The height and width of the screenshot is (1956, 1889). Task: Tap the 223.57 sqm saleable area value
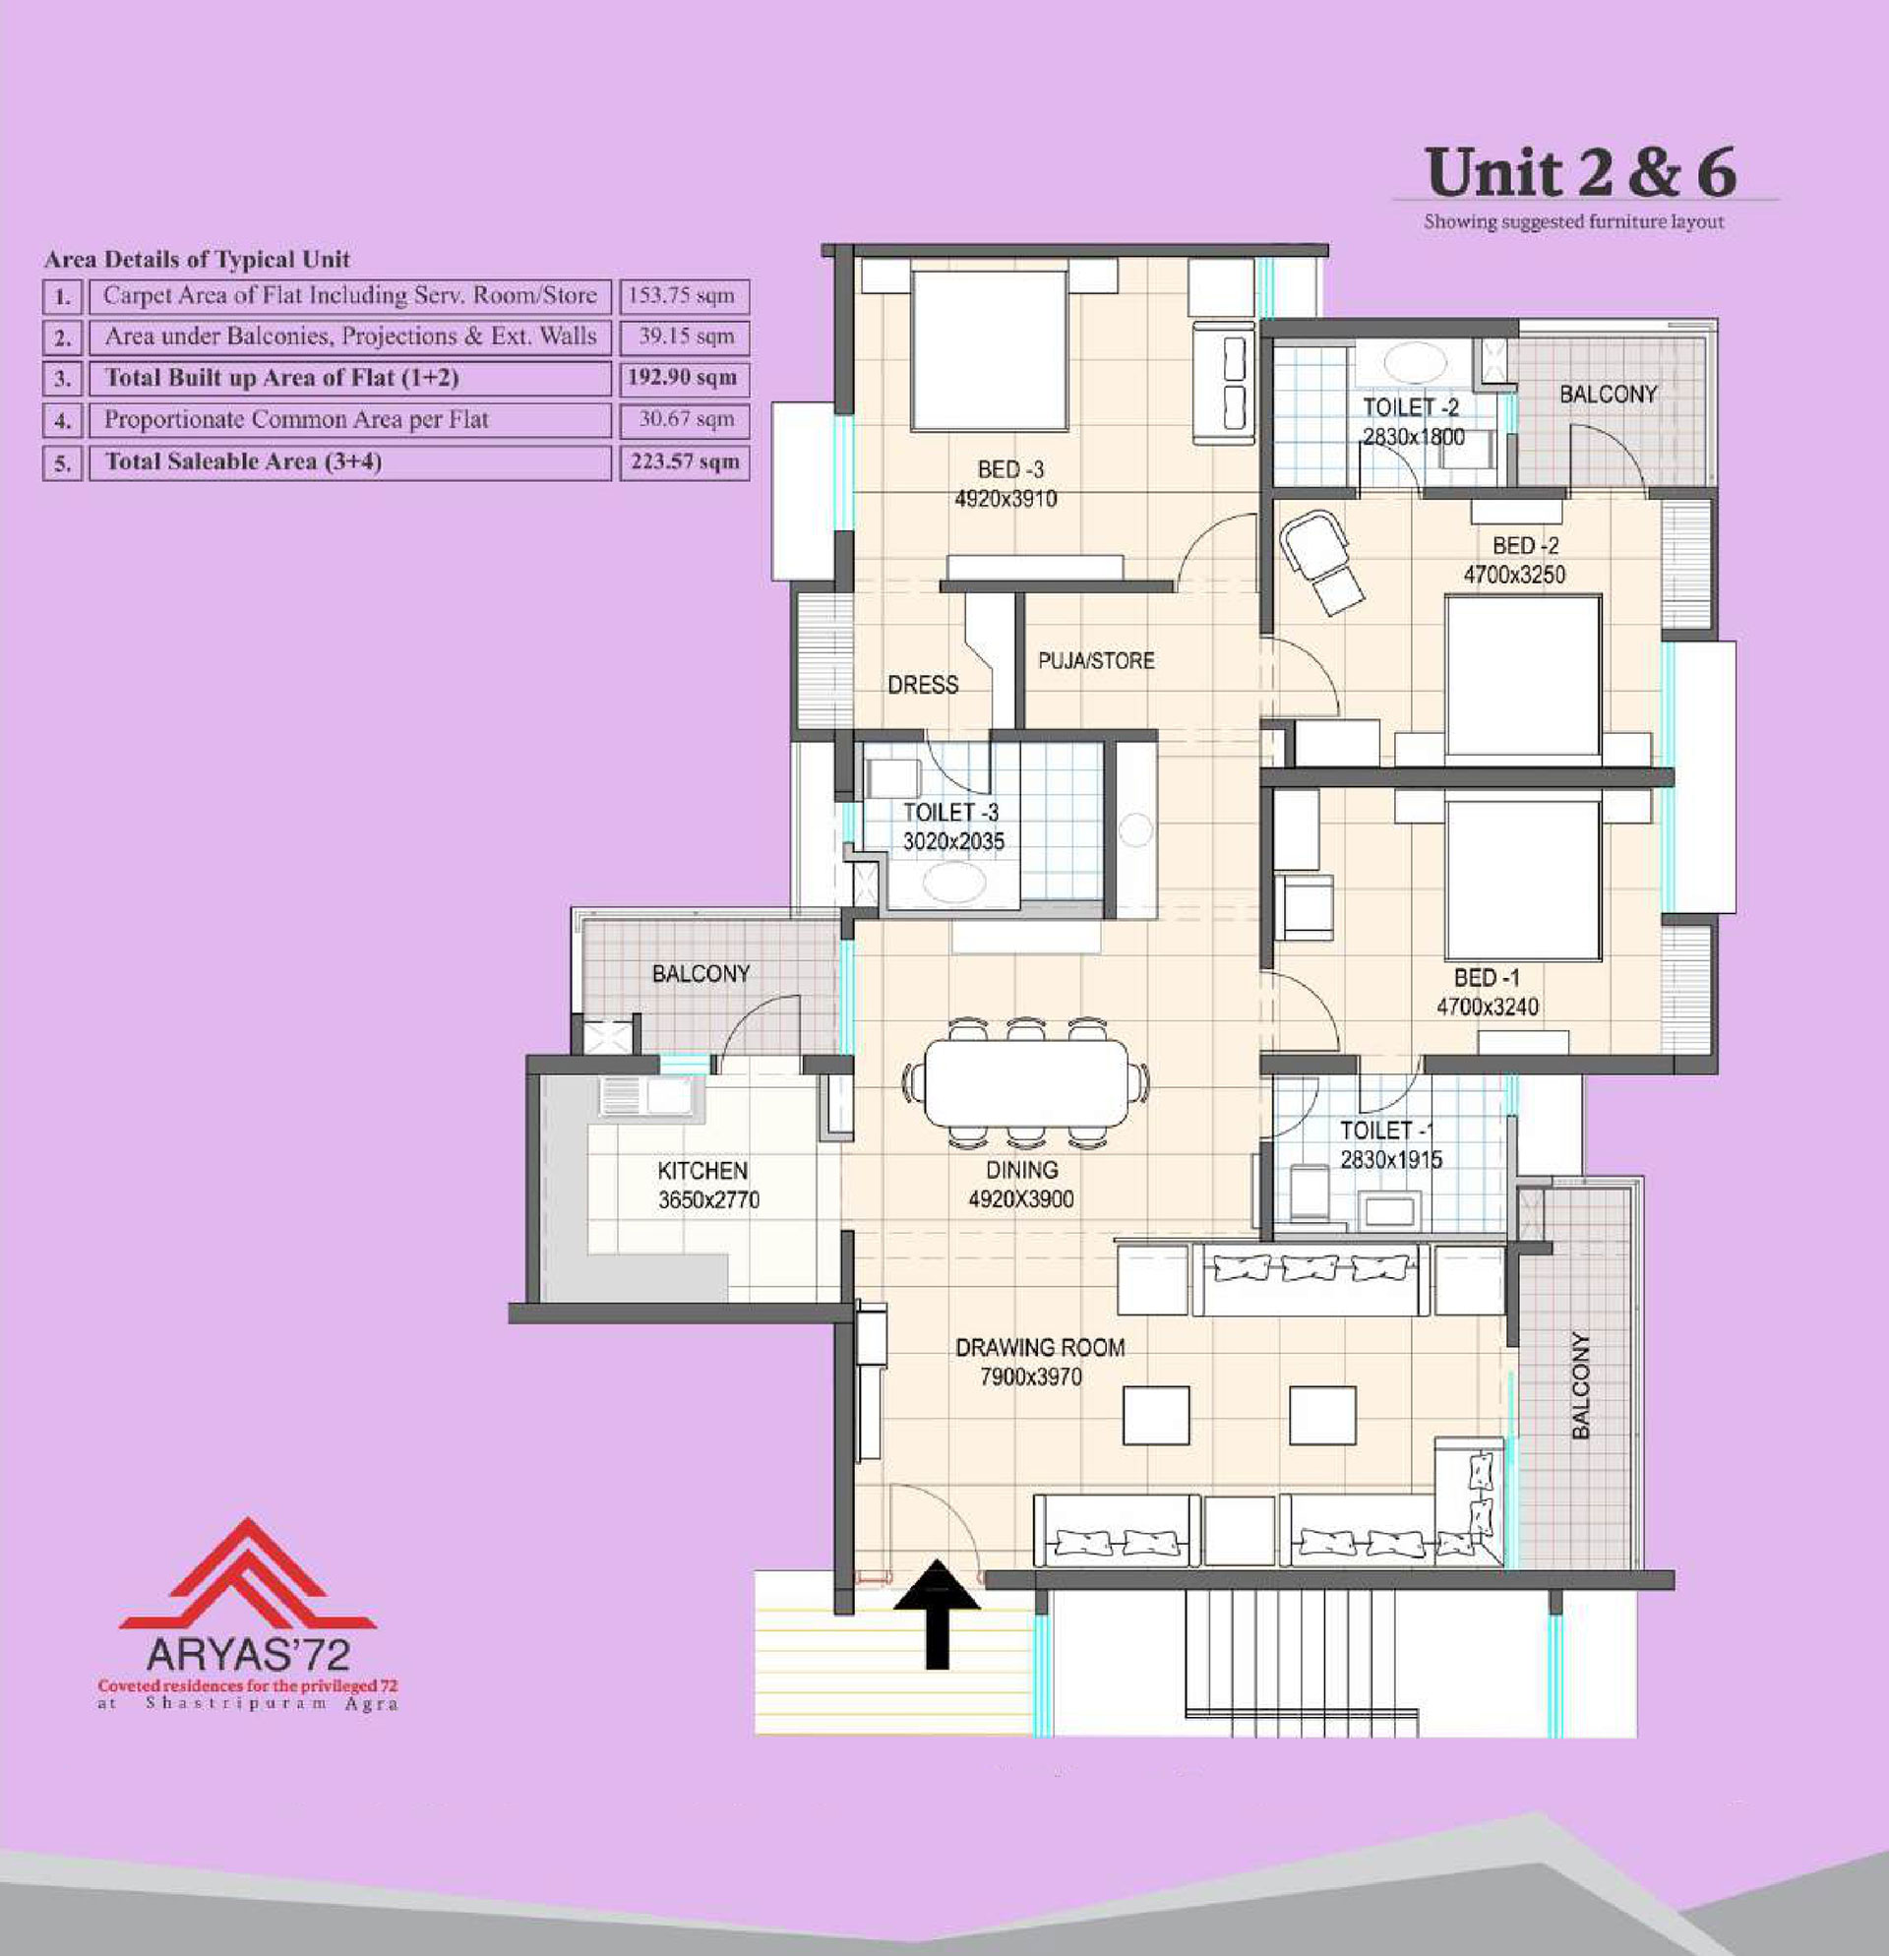[685, 462]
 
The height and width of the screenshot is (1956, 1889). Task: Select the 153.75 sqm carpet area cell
[685, 296]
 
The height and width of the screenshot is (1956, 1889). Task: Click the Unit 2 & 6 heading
[1581, 171]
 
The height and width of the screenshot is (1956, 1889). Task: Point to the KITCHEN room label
[702, 1171]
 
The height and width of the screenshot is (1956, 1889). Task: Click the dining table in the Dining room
[1026, 1082]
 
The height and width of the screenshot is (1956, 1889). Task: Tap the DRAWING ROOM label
[1040, 1347]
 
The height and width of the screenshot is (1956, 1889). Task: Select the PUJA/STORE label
[1096, 660]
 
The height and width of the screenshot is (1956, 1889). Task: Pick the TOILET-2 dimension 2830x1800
[1414, 437]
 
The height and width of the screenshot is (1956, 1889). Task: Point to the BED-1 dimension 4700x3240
[1487, 1008]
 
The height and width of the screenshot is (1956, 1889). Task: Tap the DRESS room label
[923, 685]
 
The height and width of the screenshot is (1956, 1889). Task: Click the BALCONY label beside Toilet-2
[1608, 395]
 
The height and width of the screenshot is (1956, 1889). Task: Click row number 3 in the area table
[63, 379]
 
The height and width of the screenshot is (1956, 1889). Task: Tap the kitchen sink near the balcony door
[649, 1097]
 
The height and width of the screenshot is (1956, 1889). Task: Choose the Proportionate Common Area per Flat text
[296, 420]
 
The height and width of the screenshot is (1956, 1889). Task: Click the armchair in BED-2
[1320, 560]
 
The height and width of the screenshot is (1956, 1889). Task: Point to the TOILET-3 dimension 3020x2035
[953, 841]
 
